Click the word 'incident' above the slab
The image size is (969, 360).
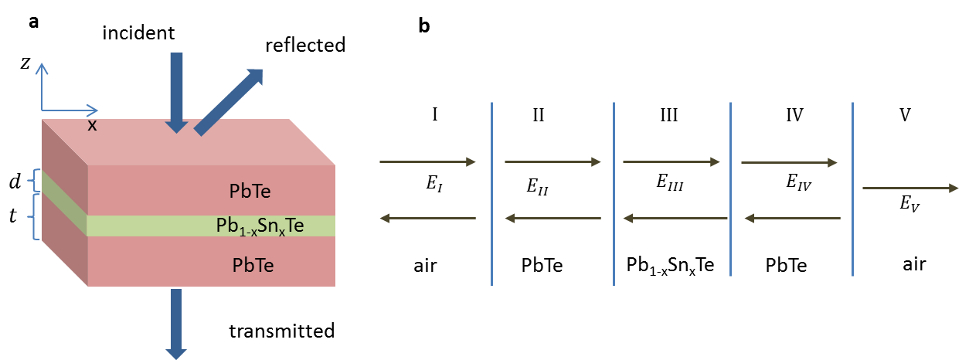pyautogui.click(x=138, y=33)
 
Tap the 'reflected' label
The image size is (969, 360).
pyautogui.click(x=305, y=46)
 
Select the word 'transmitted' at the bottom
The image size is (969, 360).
pyautogui.click(x=282, y=331)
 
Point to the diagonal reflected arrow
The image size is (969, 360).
pyautogui.click(x=229, y=101)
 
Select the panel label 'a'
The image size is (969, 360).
pyautogui.click(x=33, y=22)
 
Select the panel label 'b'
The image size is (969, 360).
pyautogui.click(x=424, y=26)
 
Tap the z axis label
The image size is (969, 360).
pyautogui.click(x=25, y=64)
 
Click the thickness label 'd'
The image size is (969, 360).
pyautogui.click(x=15, y=182)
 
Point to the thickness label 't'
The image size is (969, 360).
pyautogui.click(x=12, y=216)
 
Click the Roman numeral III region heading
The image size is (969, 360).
pyautogui.click(x=669, y=115)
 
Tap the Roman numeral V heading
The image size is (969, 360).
pyautogui.click(x=905, y=115)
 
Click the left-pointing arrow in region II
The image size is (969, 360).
pyautogui.click(x=552, y=219)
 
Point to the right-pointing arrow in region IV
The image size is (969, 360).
pyautogui.click(x=789, y=162)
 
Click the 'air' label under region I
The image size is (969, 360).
pyautogui.click(x=425, y=265)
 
